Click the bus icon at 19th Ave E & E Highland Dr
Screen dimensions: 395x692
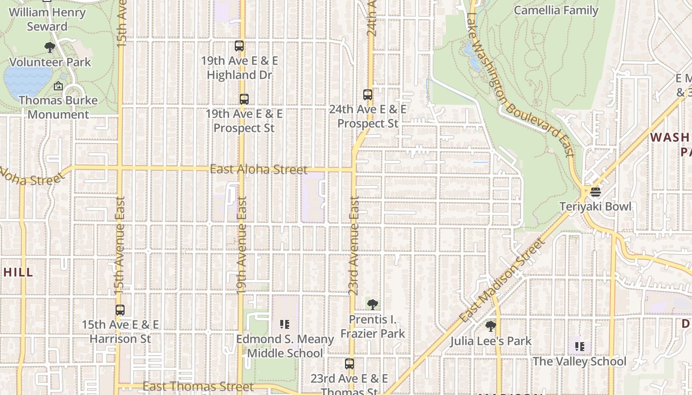coord(239,46)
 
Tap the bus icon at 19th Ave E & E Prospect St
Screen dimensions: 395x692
coord(244,99)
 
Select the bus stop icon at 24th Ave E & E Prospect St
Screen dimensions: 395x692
coord(367,94)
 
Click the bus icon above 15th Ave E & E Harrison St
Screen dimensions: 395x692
coord(120,310)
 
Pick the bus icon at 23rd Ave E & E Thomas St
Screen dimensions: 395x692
coord(349,364)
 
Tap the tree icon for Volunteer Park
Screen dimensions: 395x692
coord(49,47)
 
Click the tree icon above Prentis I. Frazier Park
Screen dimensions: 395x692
coord(373,305)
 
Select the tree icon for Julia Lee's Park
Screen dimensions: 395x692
coord(490,326)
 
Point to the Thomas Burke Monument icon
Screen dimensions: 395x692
coord(58,86)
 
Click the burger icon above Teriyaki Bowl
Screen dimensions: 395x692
coord(595,192)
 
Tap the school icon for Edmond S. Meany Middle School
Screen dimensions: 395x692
coord(284,324)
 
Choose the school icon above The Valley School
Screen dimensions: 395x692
coord(579,347)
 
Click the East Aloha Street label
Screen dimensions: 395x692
coord(259,169)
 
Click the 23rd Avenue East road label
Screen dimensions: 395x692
coord(354,245)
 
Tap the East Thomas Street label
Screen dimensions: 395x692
coord(198,386)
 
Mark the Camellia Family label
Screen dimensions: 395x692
coord(556,10)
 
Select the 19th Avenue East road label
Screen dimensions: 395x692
coord(242,245)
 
